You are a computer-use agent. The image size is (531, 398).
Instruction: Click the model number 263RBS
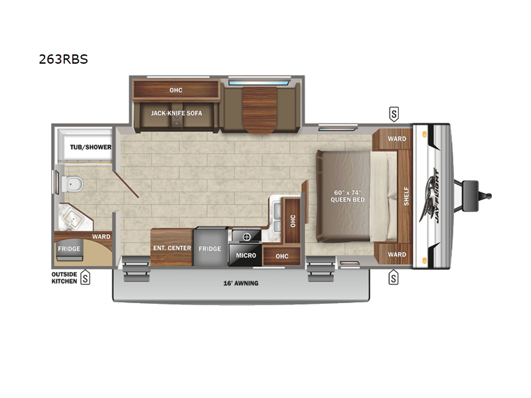(63, 59)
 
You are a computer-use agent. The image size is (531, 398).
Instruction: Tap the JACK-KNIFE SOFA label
(177, 113)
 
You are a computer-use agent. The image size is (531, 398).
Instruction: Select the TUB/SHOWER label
(91, 147)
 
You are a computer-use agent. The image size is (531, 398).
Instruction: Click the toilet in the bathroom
(72, 184)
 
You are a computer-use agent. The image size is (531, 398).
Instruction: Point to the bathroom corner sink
(74, 218)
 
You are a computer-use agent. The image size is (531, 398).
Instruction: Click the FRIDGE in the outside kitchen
(69, 249)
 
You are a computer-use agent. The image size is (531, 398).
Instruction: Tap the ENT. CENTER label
(172, 248)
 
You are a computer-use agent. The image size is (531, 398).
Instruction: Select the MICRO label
(246, 255)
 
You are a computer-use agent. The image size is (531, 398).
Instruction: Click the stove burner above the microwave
(247, 237)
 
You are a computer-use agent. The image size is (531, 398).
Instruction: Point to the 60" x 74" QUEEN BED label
(348, 196)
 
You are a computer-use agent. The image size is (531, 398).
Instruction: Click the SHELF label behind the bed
(406, 196)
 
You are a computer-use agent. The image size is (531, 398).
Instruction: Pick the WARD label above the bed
(397, 139)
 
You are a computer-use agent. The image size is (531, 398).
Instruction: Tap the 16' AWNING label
(241, 283)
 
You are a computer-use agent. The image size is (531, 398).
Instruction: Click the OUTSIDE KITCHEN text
(64, 277)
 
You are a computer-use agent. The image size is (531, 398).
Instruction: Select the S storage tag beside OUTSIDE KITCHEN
(86, 278)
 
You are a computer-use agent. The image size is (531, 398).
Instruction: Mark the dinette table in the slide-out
(260, 110)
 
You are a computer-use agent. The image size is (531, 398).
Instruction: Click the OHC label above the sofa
(176, 90)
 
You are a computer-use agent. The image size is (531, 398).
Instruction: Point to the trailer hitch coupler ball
(489, 196)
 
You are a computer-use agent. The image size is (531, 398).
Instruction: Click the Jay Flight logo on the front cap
(431, 196)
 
